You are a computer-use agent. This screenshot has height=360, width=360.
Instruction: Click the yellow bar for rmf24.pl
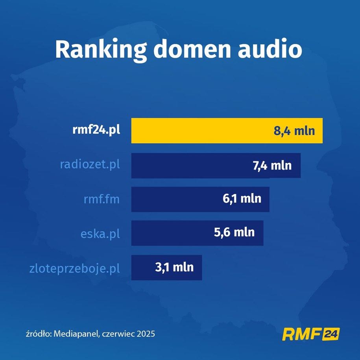pos(197,131)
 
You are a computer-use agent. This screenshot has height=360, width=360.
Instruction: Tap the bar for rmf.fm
pos(173,199)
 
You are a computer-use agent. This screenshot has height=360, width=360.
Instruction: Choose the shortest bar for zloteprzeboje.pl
pos(142,268)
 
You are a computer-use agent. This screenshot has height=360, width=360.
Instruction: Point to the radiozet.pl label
pos(90,164)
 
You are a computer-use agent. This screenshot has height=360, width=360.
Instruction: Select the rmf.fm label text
pos(102,199)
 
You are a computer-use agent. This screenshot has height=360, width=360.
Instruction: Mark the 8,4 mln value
pos(294,131)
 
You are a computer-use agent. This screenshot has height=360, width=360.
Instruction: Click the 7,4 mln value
pos(272,165)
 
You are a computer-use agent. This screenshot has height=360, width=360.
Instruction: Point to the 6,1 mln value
pos(242,199)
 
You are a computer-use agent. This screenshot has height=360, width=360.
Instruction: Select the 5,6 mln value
pos(234,233)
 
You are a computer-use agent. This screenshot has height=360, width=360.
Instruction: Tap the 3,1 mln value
pos(174,267)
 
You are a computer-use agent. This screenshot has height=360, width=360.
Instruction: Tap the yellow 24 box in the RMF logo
pos(330,334)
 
